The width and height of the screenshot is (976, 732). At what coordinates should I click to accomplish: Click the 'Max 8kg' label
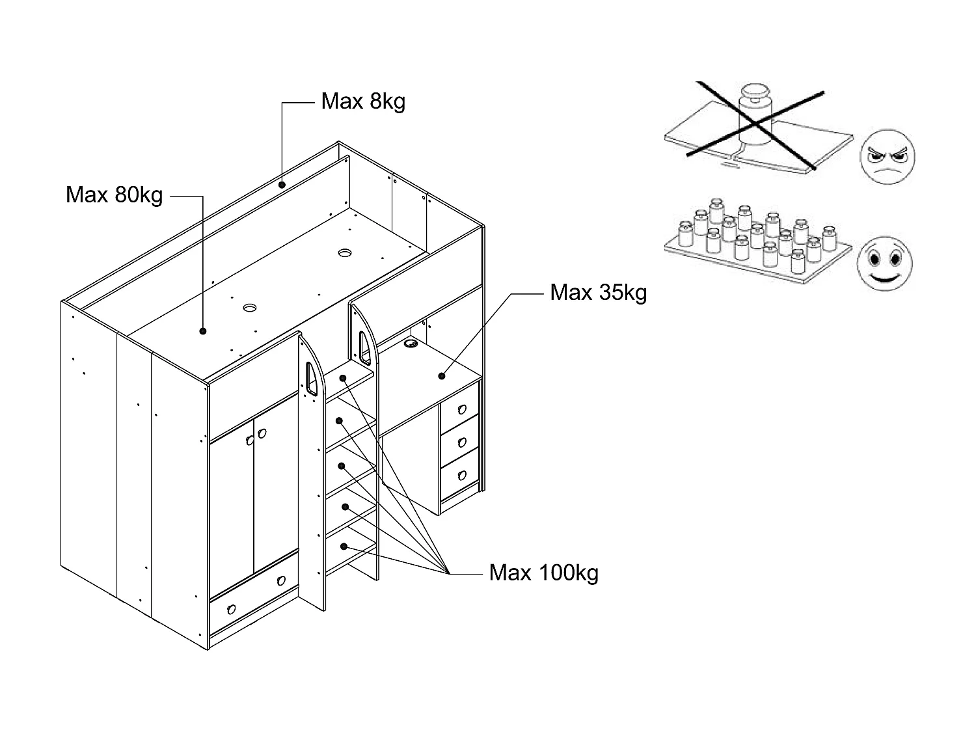pyautogui.click(x=363, y=102)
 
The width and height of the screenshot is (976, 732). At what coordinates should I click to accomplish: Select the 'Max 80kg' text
pyautogui.click(x=115, y=195)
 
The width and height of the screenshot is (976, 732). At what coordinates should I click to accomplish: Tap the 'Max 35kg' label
pyautogui.click(x=598, y=293)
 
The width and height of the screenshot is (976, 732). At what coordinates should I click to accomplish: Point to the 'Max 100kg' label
pyautogui.click(x=543, y=573)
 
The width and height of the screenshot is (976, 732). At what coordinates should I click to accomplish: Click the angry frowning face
pyautogui.click(x=887, y=156)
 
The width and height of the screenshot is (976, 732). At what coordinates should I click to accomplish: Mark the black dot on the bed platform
pyautogui.click(x=203, y=331)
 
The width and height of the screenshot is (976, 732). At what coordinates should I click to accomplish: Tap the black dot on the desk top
pyautogui.click(x=441, y=375)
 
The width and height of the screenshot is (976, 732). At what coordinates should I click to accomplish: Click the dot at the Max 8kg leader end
pyautogui.click(x=282, y=185)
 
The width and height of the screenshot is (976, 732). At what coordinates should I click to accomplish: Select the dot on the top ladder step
pyautogui.click(x=342, y=377)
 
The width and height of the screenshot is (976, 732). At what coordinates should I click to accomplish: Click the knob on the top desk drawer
pyautogui.click(x=462, y=409)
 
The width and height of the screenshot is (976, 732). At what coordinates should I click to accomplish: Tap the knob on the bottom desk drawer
pyautogui.click(x=462, y=475)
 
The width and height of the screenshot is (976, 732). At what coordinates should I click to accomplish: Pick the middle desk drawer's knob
pyautogui.click(x=462, y=442)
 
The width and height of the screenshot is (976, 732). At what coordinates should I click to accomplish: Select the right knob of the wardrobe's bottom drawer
pyautogui.click(x=281, y=580)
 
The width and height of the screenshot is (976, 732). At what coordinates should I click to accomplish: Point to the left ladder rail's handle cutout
pyautogui.click(x=312, y=378)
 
